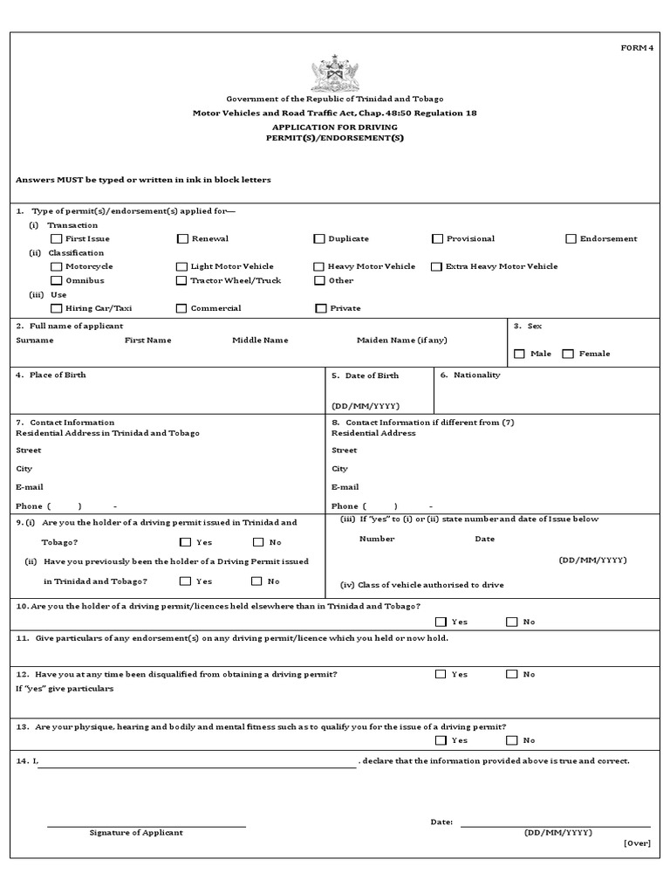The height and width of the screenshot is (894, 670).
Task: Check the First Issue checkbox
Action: (x=57, y=238)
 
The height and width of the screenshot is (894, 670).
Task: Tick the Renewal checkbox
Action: (x=182, y=238)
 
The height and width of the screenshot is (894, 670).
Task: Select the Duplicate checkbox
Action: (x=320, y=238)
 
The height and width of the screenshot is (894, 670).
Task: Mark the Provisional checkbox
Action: (x=438, y=238)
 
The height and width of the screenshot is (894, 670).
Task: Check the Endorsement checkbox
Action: (x=571, y=238)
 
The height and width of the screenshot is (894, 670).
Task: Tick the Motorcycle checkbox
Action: (x=57, y=266)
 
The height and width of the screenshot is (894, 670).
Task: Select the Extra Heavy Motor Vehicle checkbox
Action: (x=438, y=266)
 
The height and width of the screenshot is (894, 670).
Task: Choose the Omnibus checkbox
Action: (x=57, y=280)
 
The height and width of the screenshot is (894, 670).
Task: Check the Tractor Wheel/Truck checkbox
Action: (x=182, y=280)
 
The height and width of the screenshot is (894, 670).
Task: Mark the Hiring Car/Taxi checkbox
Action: (x=57, y=308)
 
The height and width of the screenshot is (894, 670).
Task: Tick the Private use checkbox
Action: (x=320, y=308)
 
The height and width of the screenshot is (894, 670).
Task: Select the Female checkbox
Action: (x=568, y=354)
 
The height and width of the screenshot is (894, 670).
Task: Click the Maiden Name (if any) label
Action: (x=401, y=340)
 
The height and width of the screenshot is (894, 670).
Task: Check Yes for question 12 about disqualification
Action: (x=441, y=674)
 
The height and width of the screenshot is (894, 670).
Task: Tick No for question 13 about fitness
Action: (x=511, y=740)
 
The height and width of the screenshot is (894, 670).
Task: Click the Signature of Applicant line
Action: (x=146, y=825)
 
